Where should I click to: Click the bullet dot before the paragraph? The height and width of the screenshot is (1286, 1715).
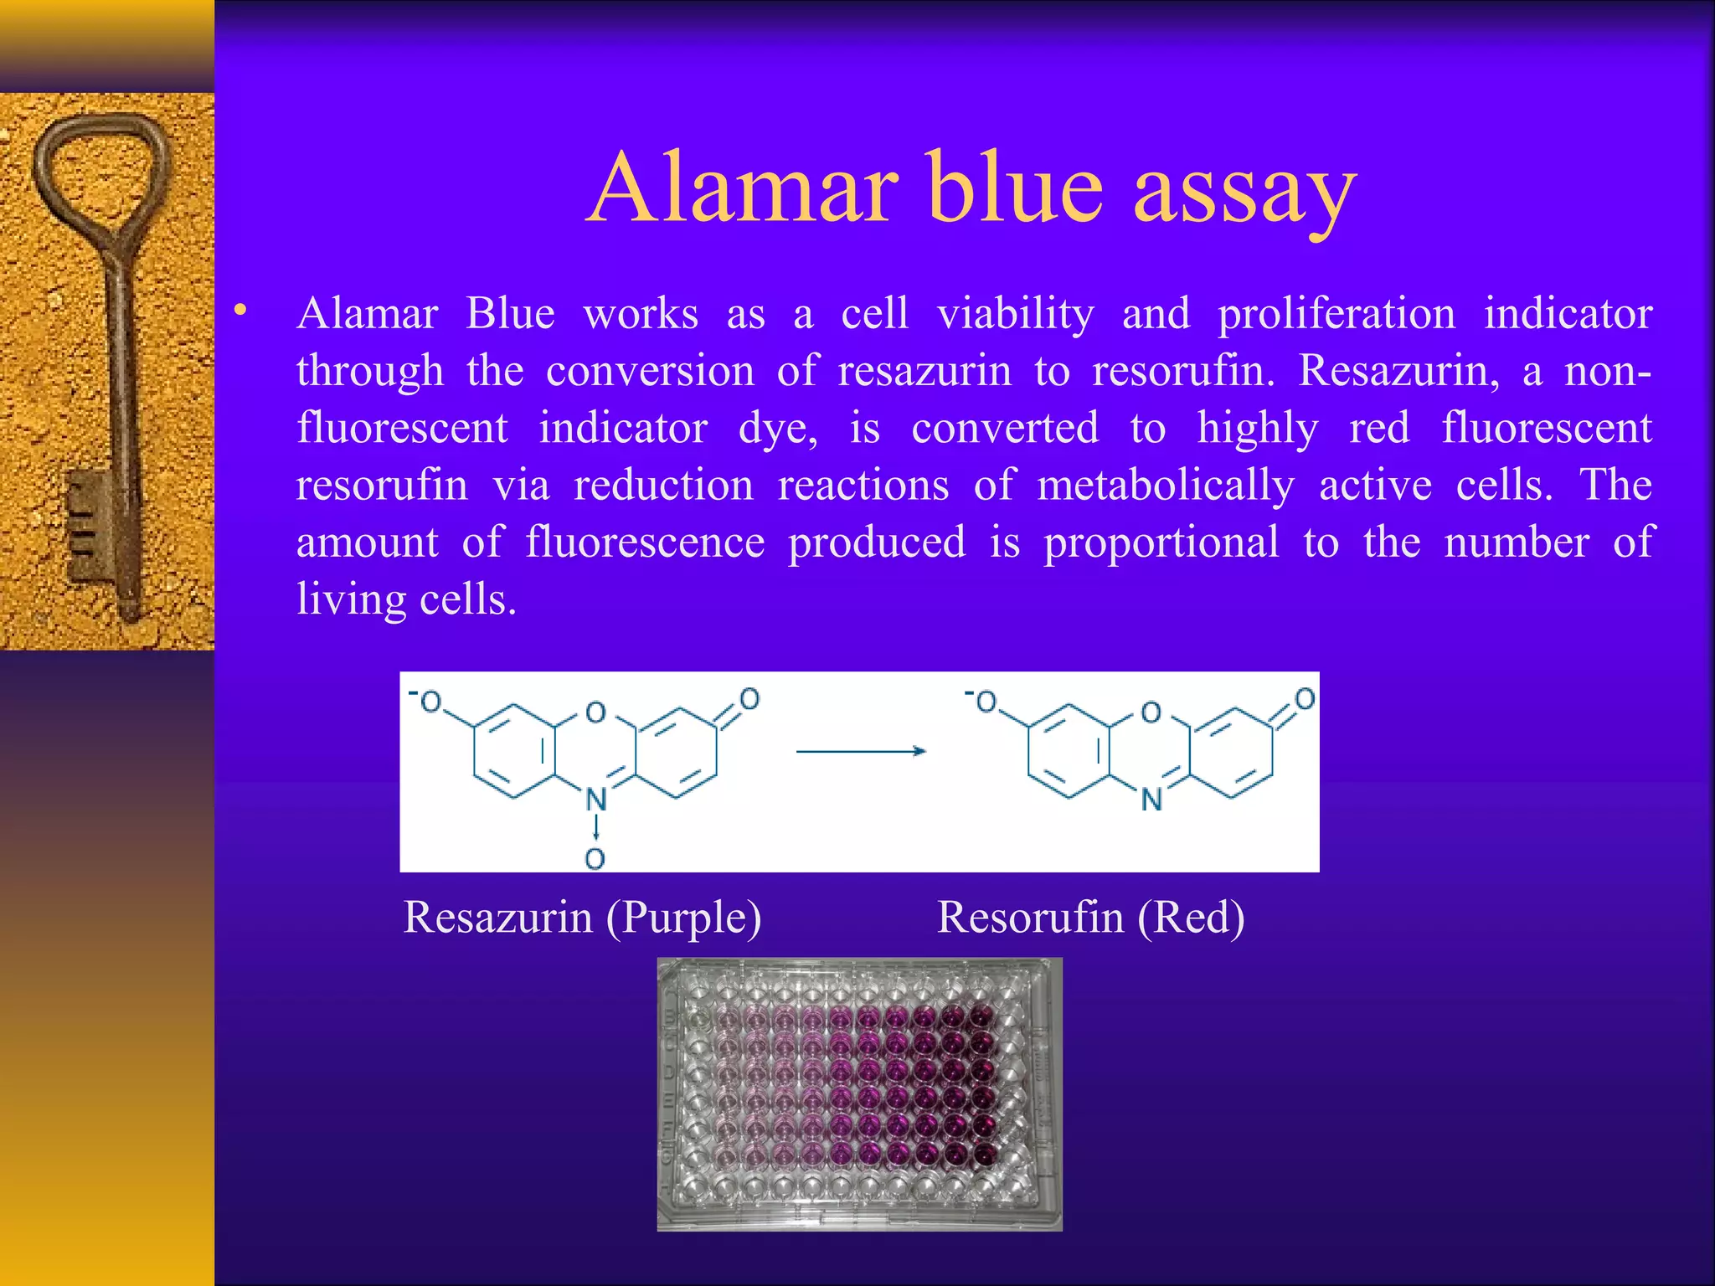click(x=241, y=311)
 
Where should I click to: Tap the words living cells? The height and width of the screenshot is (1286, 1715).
click(x=407, y=600)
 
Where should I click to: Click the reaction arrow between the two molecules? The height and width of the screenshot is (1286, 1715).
click(x=860, y=751)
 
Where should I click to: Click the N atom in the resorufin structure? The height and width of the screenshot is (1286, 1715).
click(x=1151, y=800)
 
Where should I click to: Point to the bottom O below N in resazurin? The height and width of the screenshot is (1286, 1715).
click(x=595, y=858)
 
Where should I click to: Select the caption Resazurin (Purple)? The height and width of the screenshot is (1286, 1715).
click(x=582, y=918)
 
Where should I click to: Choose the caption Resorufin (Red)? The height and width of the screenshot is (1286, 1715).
click(x=1090, y=918)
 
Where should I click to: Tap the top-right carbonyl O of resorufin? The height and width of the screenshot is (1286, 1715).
click(x=1305, y=698)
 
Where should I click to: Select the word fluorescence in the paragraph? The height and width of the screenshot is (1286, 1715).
click(x=645, y=543)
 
